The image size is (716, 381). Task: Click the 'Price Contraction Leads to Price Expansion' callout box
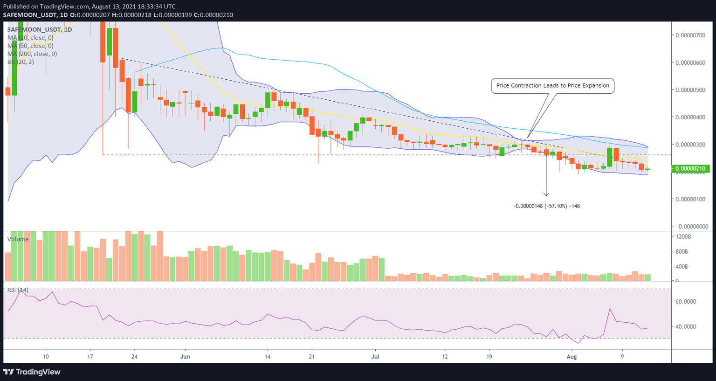click(x=552, y=86)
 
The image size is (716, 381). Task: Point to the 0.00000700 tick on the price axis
click(x=690, y=35)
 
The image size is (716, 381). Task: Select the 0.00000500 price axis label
click(x=690, y=90)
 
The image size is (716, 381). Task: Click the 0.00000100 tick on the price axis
click(x=690, y=199)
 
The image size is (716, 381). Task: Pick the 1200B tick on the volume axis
click(x=684, y=237)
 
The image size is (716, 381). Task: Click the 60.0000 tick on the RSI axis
click(x=686, y=302)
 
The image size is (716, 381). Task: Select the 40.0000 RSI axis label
click(x=686, y=326)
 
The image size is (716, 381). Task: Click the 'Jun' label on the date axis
click(x=185, y=357)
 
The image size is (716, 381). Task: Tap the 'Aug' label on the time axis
click(x=571, y=357)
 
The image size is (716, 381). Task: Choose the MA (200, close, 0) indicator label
click(x=32, y=54)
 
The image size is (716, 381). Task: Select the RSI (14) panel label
click(x=18, y=290)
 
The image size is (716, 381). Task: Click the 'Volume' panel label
click(x=18, y=239)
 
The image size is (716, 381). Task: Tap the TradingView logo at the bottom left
click(x=32, y=372)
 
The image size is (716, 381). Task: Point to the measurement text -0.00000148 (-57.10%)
click(x=546, y=206)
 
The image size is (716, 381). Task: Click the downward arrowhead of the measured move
click(x=546, y=194)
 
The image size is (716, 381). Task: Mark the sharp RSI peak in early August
click(x=610, y=309)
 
